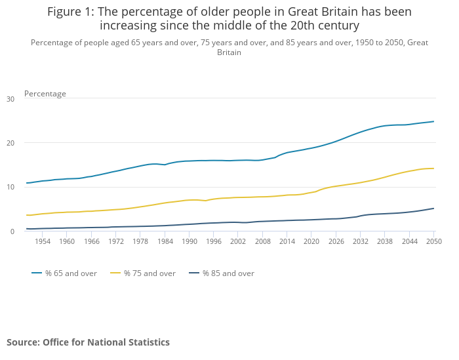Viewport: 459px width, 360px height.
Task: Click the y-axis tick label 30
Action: coord(10,99)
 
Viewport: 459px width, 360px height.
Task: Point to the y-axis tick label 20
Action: coord(10,143)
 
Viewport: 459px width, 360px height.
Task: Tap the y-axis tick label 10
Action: coord(10,187)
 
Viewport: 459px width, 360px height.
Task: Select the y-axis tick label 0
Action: coord(12,231)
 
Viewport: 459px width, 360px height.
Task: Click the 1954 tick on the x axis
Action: coord(43,241)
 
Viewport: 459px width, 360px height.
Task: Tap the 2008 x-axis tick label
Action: coord(263,241)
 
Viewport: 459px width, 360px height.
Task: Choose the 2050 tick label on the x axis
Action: coord(433,241)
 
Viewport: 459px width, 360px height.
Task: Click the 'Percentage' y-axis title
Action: coord(45,94)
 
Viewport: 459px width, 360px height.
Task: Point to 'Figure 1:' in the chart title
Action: coord(71,12)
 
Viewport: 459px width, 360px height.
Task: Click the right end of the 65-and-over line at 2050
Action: coord(433,121)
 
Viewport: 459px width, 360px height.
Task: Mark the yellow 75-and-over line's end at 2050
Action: coord(433,169)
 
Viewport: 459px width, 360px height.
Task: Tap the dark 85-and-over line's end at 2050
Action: coord(433,209)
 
